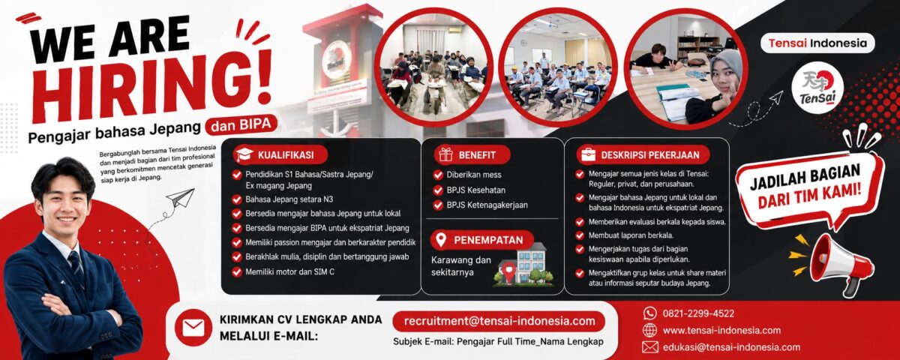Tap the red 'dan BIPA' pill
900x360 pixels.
tap(241, 124)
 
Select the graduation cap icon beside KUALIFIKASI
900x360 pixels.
tap(244, 154)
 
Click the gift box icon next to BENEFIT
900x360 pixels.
tap(445, 154)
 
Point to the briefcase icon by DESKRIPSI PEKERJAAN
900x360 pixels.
tap(588, 154)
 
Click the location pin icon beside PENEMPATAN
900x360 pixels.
tap(441, 240)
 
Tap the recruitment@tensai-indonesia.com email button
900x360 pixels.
tap(499, 322)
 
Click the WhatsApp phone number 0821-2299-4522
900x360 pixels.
tap(698, 313)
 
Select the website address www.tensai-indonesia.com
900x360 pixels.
tap(721, 331)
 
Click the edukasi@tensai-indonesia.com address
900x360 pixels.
tap(731, 347)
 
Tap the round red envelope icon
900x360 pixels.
tap(193, 328)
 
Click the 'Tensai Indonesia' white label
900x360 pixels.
tap(817, 43)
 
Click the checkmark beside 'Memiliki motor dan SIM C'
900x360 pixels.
tap(237, 272)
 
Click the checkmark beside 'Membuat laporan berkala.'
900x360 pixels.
tap(579, 235)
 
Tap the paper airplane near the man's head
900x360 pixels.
tap(180, 198)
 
